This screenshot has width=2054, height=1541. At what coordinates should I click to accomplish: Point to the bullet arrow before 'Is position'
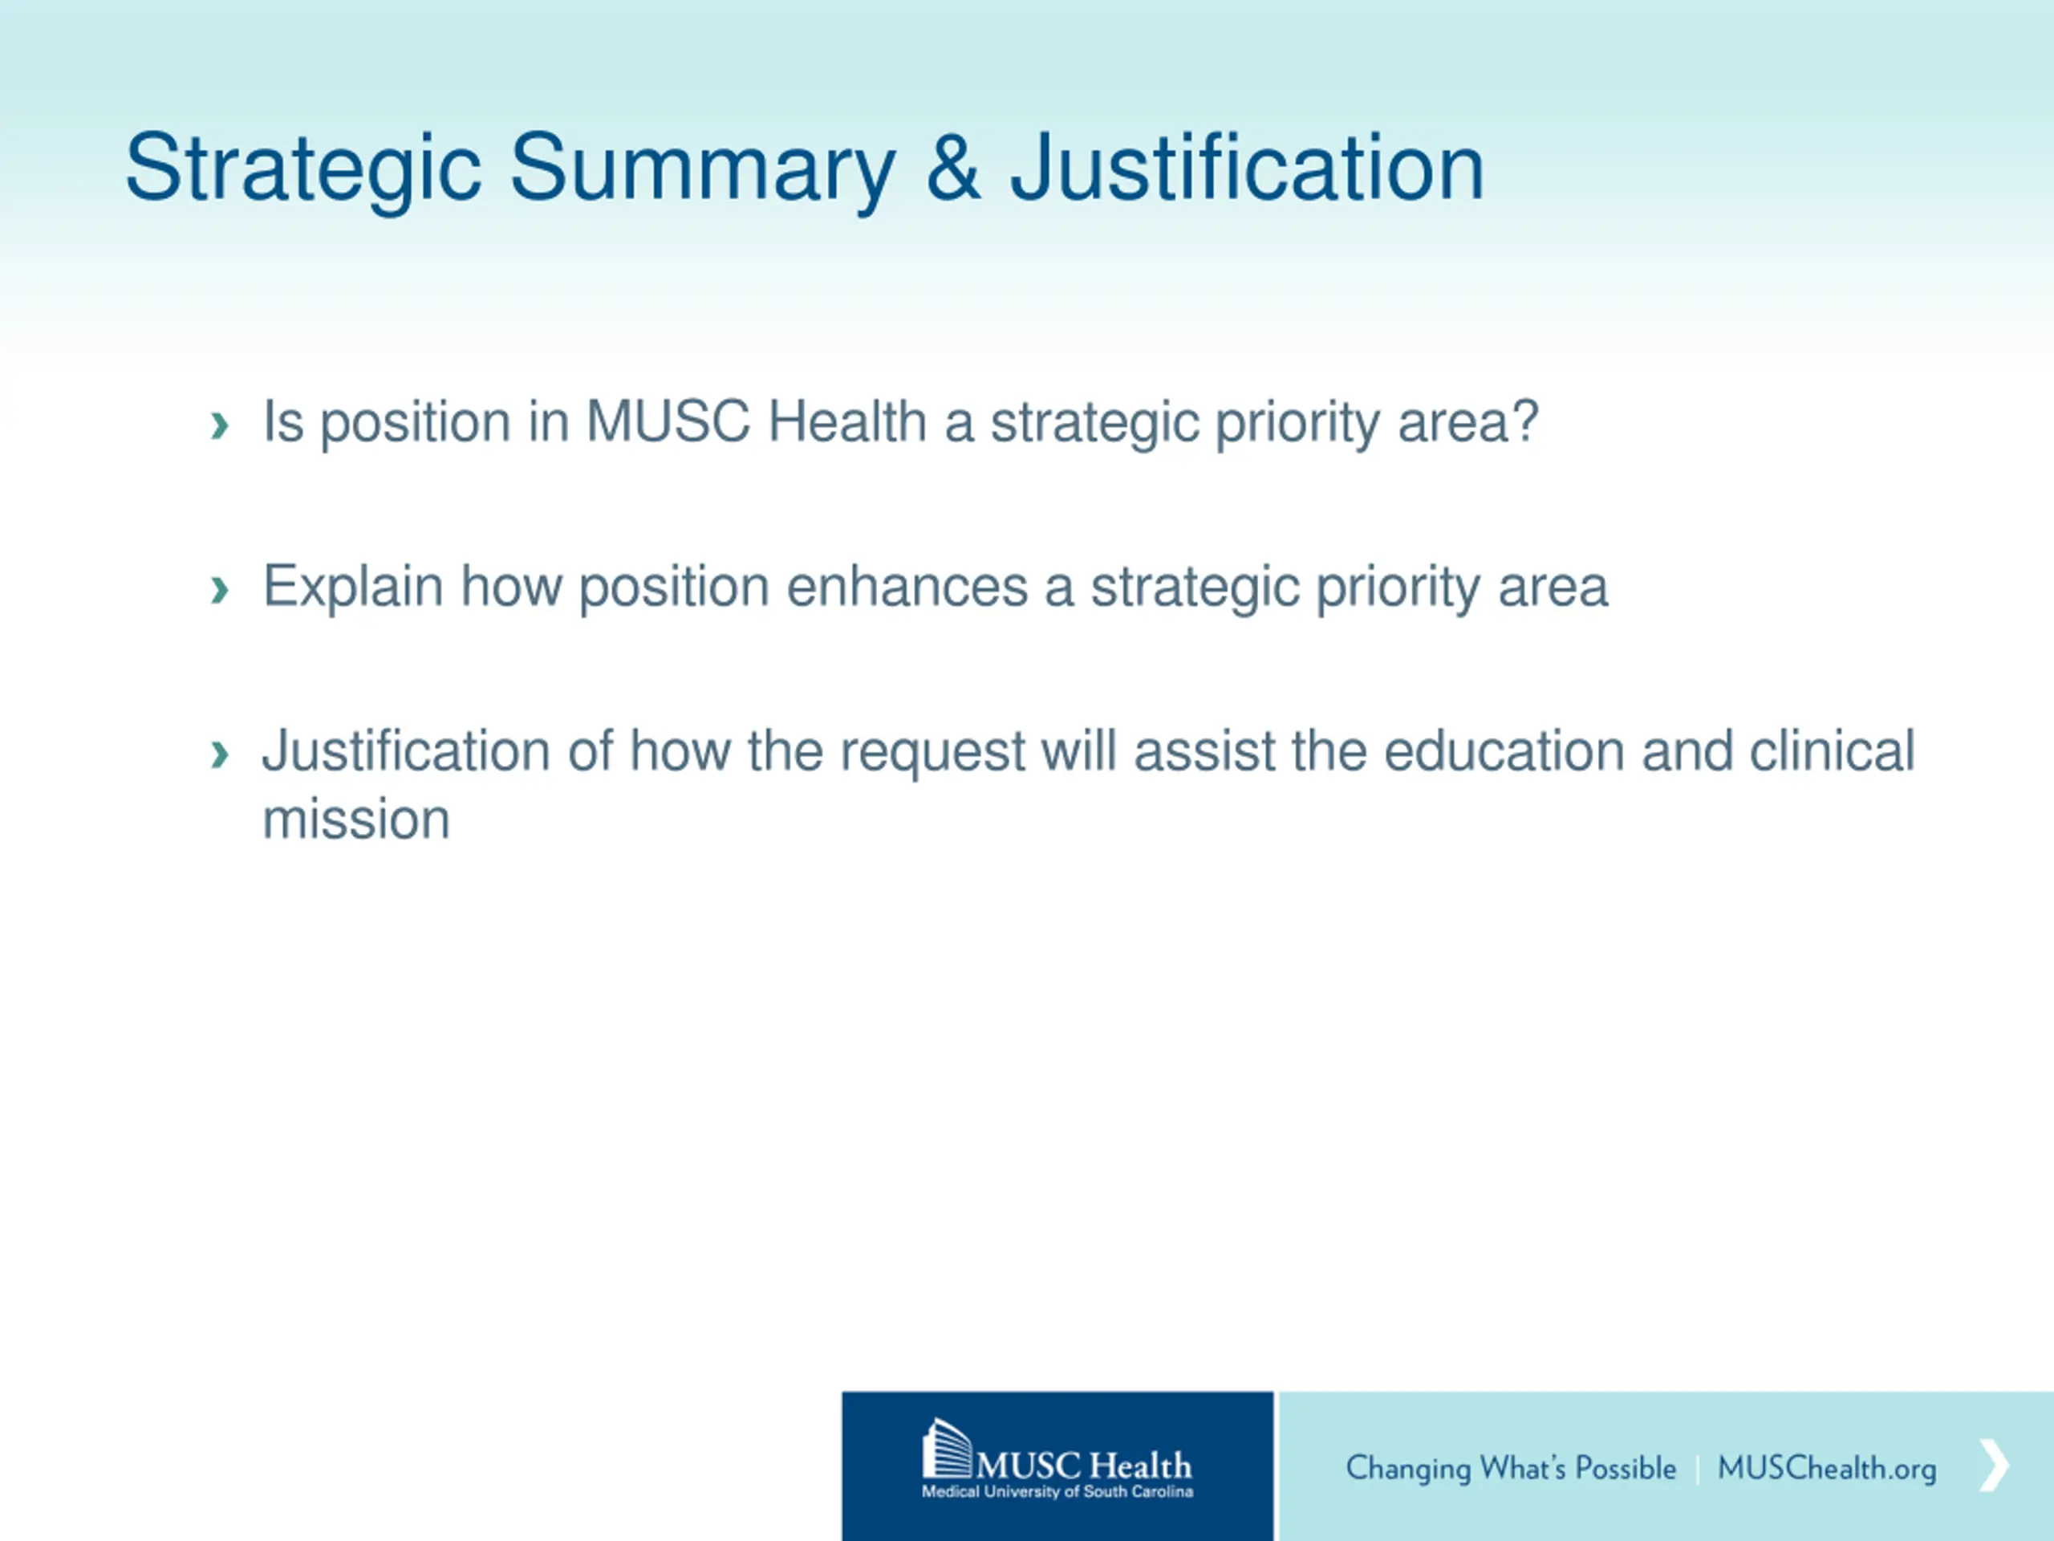(x=220, y=425)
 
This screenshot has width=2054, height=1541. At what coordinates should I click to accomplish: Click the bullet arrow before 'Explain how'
(x=220, y=589)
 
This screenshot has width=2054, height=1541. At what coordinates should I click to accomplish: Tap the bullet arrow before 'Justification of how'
(x=220, y=754)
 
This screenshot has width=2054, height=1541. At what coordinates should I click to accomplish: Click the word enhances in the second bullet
(x=907, y=587)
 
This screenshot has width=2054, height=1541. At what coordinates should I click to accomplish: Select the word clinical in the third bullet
(x=1832, y=750)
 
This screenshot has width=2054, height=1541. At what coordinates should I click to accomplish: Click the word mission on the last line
(x=356, y=819)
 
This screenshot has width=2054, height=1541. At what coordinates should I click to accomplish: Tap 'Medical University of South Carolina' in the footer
(x=1057, y=1492)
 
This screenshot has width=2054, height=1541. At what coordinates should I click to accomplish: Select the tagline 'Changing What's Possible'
(x=1511, y=1469)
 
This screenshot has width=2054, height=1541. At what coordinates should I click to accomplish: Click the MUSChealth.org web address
(x=1826, y=1469)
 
